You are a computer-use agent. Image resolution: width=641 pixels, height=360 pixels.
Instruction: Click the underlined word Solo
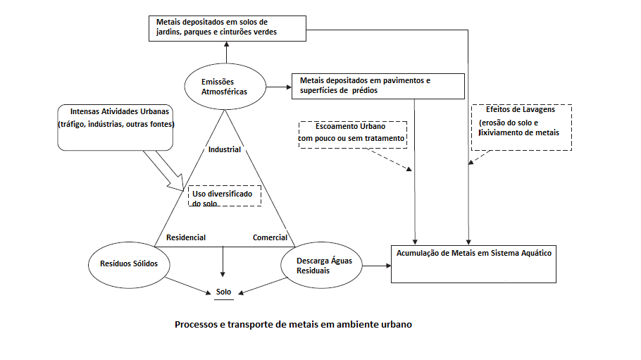pyautogui.click(x=223, y=291)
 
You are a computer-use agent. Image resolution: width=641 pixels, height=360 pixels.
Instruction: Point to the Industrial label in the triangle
pyautogui.click(x=225, y=149)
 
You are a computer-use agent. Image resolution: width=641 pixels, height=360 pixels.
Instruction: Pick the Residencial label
pyautogui.click(x=186, y=238)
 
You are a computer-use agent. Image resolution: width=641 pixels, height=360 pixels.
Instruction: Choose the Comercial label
pyautogui.click(x=270, y=238)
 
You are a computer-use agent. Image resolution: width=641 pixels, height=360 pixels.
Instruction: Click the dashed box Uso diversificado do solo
pyautogui.click(x=224, y=196)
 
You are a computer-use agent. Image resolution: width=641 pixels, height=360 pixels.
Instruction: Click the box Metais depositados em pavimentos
pyautogui.click(x=378, y=85)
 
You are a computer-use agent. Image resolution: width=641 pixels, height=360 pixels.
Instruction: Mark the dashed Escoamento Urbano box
pyautogui.click(x=353, y=133)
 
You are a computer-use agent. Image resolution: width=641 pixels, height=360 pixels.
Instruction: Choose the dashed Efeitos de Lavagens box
pyautogui.click(x=521, y=127)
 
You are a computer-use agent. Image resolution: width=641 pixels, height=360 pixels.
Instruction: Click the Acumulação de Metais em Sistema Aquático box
pyautogui.click(x=473, y=262)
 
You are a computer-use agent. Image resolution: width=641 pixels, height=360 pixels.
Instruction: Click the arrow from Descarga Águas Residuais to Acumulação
pyautogui.click(x=374, y=266)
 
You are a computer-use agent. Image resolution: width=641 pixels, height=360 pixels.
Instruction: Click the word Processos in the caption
pyautogui.click(x=197, y=325)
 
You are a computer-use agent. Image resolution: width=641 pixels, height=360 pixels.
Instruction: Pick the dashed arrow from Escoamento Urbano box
pyautogui.click(x=391, y=160)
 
